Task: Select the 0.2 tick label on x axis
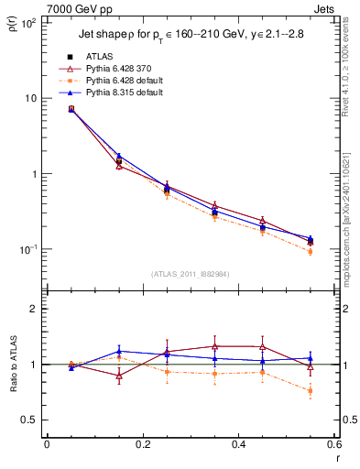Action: [142, 445]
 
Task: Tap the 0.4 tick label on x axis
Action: [238, 445]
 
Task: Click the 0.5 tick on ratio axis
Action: [32, 420]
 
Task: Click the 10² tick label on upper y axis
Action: [30, 23]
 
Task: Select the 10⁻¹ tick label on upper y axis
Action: [30, 249]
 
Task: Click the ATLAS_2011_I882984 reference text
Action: [190, 274]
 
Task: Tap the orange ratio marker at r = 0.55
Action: [311, 391]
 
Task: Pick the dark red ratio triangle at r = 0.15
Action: [119, 376]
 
